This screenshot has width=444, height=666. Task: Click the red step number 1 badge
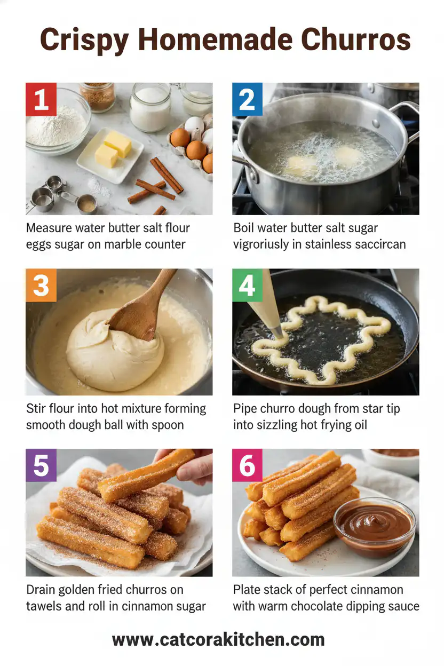coord(41,99)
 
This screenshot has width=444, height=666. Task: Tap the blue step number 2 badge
coord(247,99)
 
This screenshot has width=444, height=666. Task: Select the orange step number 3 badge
coord(41,285)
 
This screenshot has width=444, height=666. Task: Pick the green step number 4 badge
coord(247,285)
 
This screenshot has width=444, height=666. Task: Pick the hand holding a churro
coord(189,465)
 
